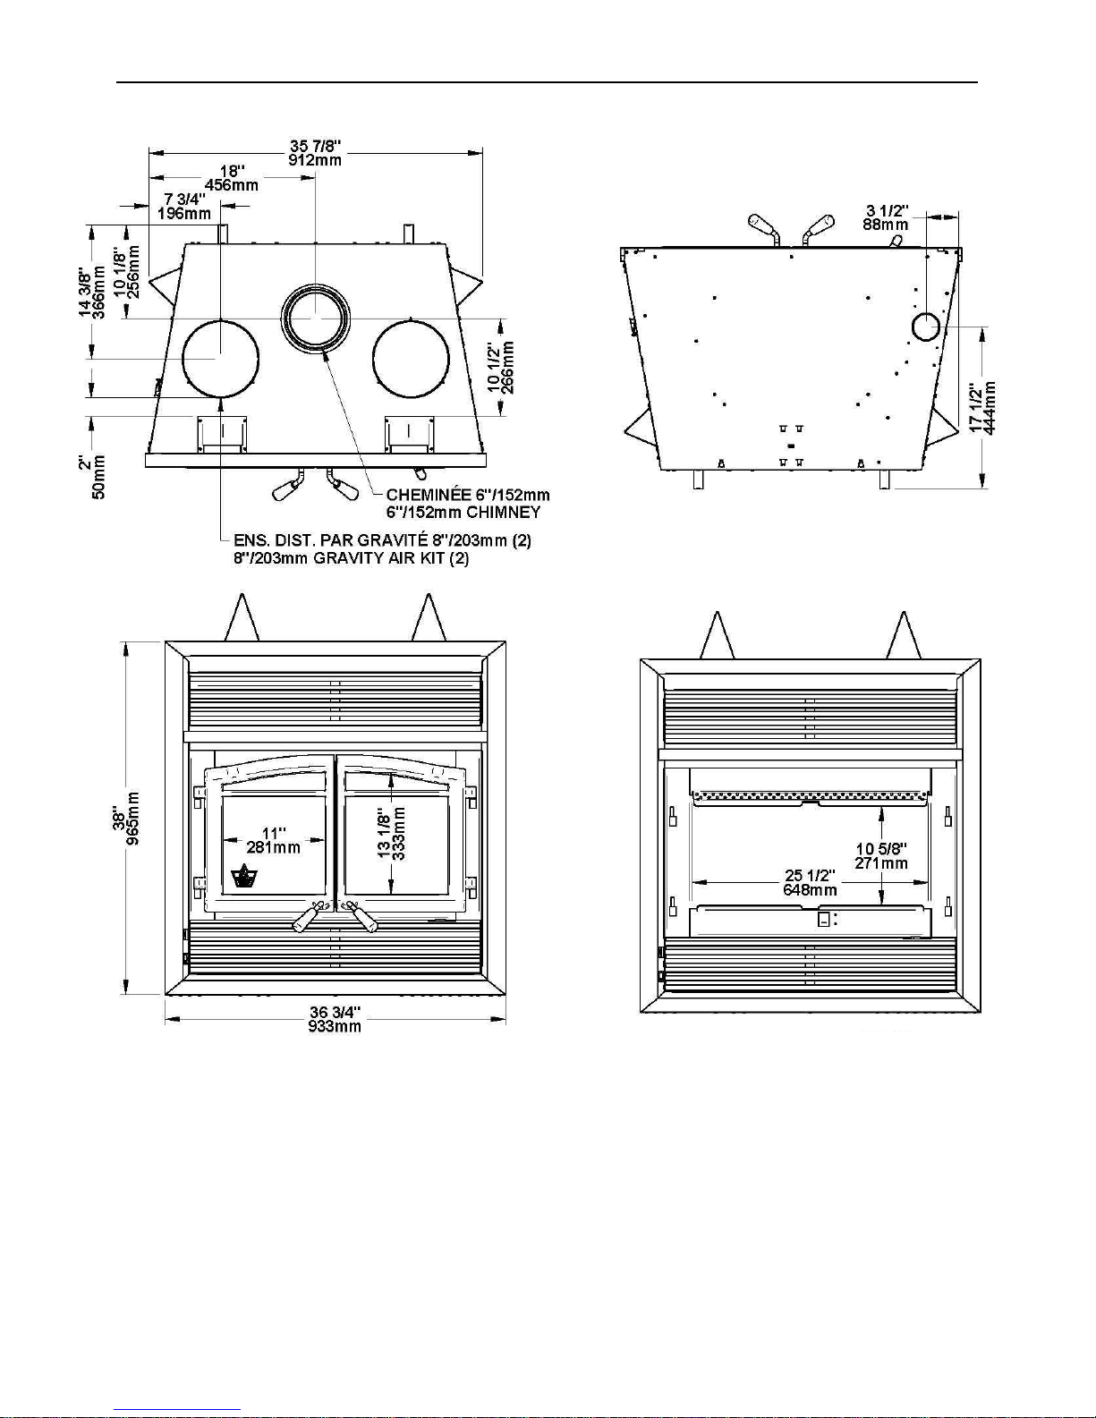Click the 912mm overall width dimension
(x=315, y=160)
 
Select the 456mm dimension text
(x=232, y=185)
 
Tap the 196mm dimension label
(x=184, y=214)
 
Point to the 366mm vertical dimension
(x=98, y=292)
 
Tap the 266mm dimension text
(x=509, y=368)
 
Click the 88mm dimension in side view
(x=885, y=225)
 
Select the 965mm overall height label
(x=132, y=819)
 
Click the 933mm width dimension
(x=335, y=1026)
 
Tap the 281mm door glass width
(x=274, y=847)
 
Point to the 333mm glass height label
(x=399, y=834)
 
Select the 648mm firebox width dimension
(x=811, y=890)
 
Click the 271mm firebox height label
(x=881, y=863)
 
